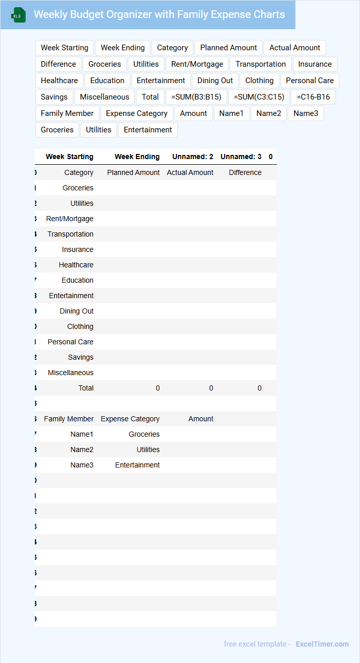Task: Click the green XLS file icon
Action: [x=18, y=15]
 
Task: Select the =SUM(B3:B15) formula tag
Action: [x=196, y=97]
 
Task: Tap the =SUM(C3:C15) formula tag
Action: [x=259, y=97]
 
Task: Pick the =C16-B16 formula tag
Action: [x=313, y=97]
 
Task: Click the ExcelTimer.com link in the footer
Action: [x=322, y=644]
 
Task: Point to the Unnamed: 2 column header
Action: [x=192, y=157]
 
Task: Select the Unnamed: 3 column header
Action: [x=241, y=157]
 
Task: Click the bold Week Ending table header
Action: [x=137, y=157]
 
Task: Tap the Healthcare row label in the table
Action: [x=76, y=265]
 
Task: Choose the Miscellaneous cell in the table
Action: [x=71, y=373]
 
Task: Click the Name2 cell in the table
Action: [x=82, y=450]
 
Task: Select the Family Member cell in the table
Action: [x=69, y=419]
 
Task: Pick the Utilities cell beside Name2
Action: [x=148, y=450]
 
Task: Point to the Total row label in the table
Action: [x=86, y=388]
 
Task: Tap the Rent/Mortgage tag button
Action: [x=197, y=64]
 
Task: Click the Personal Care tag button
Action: [x=310, y=81]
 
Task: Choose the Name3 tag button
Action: [x=306, y=113]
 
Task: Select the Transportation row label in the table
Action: [x=70, y=234]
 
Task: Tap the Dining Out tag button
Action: [x=215, y=81]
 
